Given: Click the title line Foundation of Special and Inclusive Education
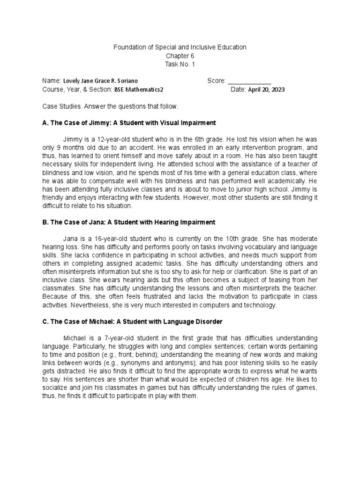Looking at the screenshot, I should click(180, 47).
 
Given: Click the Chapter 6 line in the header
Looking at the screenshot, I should click(180, 56).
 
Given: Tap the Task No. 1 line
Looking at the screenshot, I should click(180, 64).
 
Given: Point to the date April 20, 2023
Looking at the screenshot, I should click(266, 90).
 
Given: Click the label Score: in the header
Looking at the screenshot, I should click(216, 81).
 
